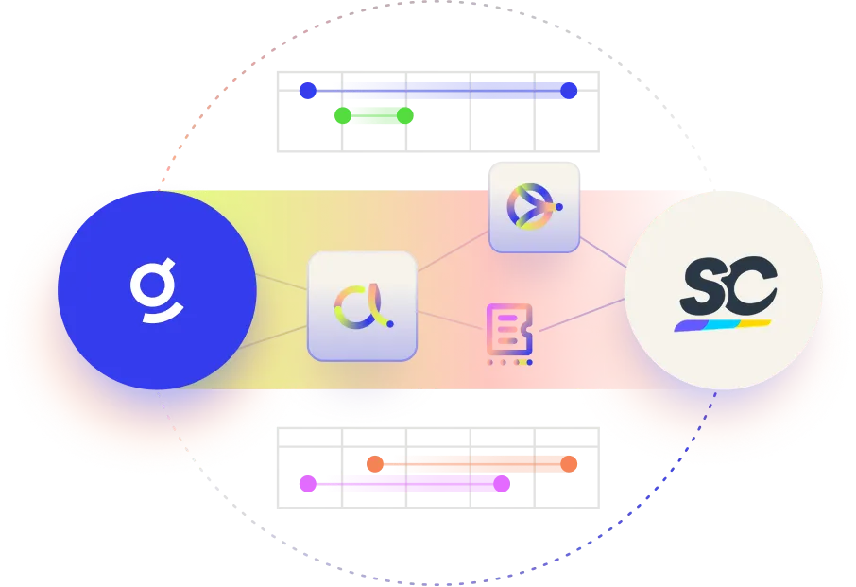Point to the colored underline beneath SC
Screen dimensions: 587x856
[723, 325]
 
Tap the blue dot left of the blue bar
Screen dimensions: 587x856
[307, 91]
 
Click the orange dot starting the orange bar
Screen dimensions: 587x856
[374, 463]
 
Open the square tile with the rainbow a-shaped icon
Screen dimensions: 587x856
[362, 305]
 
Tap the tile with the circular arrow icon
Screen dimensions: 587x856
[534, 206]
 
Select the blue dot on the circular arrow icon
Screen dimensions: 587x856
[559, 205]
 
